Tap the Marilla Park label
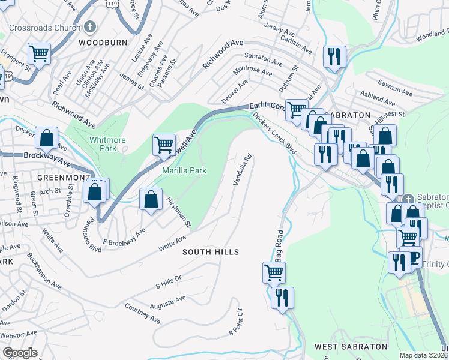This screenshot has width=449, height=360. (185, 171)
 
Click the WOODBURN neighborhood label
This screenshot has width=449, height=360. (100, 43)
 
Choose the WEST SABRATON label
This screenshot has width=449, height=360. (351, 347)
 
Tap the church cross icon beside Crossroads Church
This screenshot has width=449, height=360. (90, 27)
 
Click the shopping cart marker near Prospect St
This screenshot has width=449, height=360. (39, 53)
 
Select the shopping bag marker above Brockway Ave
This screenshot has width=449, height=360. (47, 138)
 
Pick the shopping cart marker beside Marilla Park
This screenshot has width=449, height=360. (164, 144)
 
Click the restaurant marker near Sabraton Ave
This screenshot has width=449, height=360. (332, 57)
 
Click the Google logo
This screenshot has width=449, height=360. (20, 353)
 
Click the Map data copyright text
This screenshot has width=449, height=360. (423, 355)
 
